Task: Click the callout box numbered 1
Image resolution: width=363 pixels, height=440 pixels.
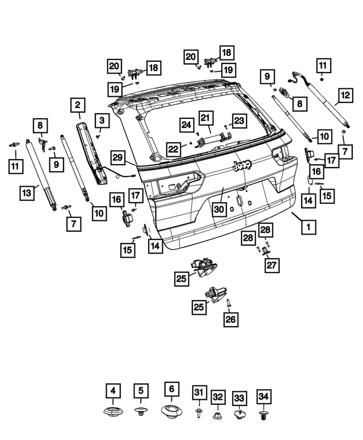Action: click(309, 227)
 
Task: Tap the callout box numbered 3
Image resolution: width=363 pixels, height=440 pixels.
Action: click(102, 120)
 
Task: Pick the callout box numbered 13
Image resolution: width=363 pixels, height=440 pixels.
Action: click(27, 194)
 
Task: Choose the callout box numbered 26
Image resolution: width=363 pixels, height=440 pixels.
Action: click(231, 320)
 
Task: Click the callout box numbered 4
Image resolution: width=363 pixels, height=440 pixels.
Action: click(113, 390)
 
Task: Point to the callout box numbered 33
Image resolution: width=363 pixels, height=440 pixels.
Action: click(239, 398)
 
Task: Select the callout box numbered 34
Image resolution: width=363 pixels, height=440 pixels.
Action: click(263, 397)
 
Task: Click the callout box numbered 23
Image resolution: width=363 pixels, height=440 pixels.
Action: click(239, 121)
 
